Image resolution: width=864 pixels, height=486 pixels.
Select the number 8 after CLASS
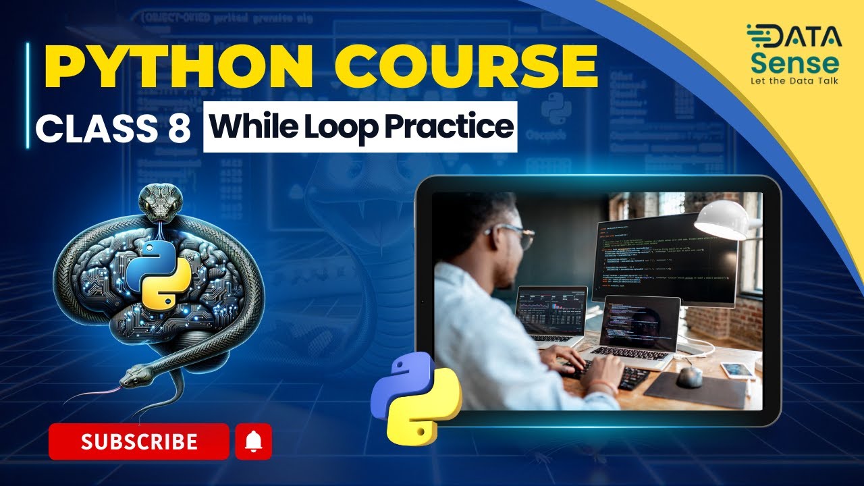pyautogui.click(x=178, y=128)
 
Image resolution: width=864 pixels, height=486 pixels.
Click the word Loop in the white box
pyautogui.click(x=340, y=128)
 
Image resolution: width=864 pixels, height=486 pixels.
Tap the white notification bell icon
pyautogui.click(x=253, y=441)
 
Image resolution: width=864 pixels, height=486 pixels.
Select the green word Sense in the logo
pyautogui.click(x=794, y=63)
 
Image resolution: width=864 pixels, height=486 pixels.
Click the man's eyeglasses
pyautogui.click(x=513, y=236)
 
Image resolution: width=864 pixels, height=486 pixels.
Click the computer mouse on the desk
pyautogui.click(x=689, y=377)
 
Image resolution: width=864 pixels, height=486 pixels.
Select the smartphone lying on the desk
pyautogui.click(x=738, y=370)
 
